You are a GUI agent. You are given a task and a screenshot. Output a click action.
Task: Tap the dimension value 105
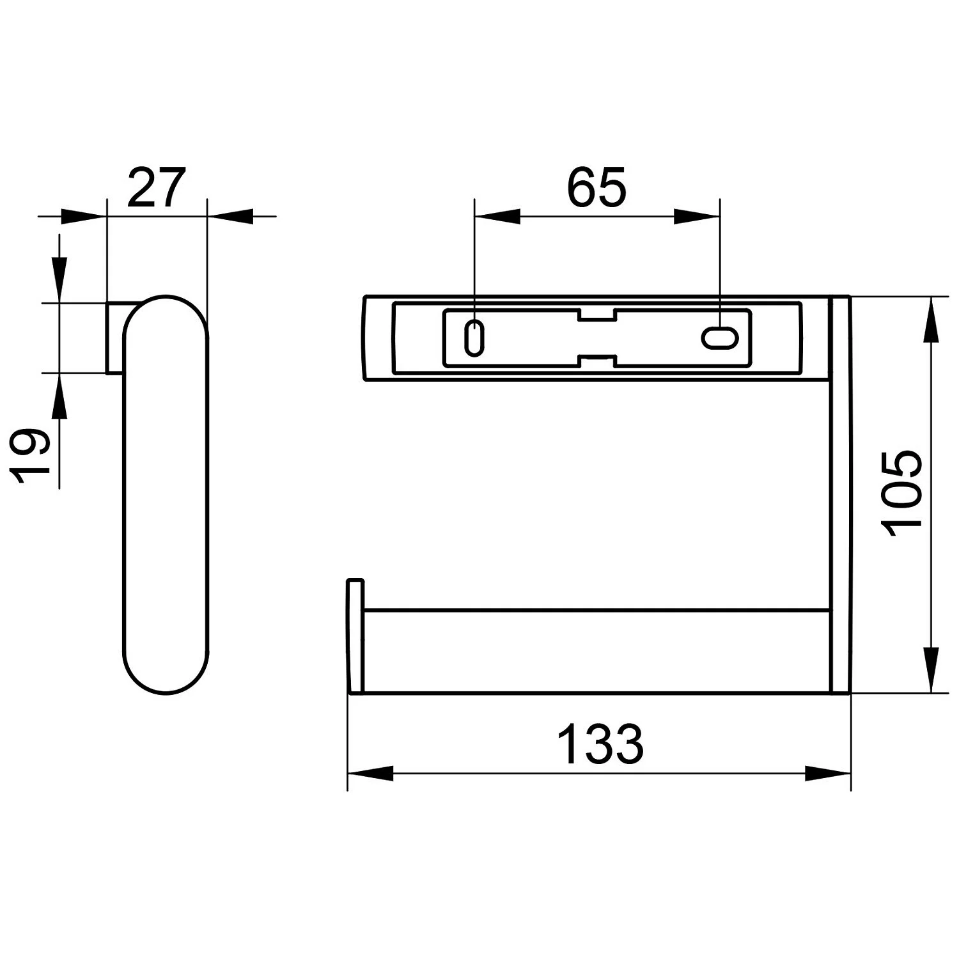pos(901,490)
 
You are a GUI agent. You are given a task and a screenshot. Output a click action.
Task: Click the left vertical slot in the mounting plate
pos(474,337)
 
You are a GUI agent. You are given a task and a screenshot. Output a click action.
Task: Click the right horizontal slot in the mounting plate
pos(721,338)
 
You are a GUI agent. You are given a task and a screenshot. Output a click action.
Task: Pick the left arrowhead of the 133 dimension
pos(370,774)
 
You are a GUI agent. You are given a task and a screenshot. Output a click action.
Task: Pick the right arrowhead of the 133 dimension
pos(829,774)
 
